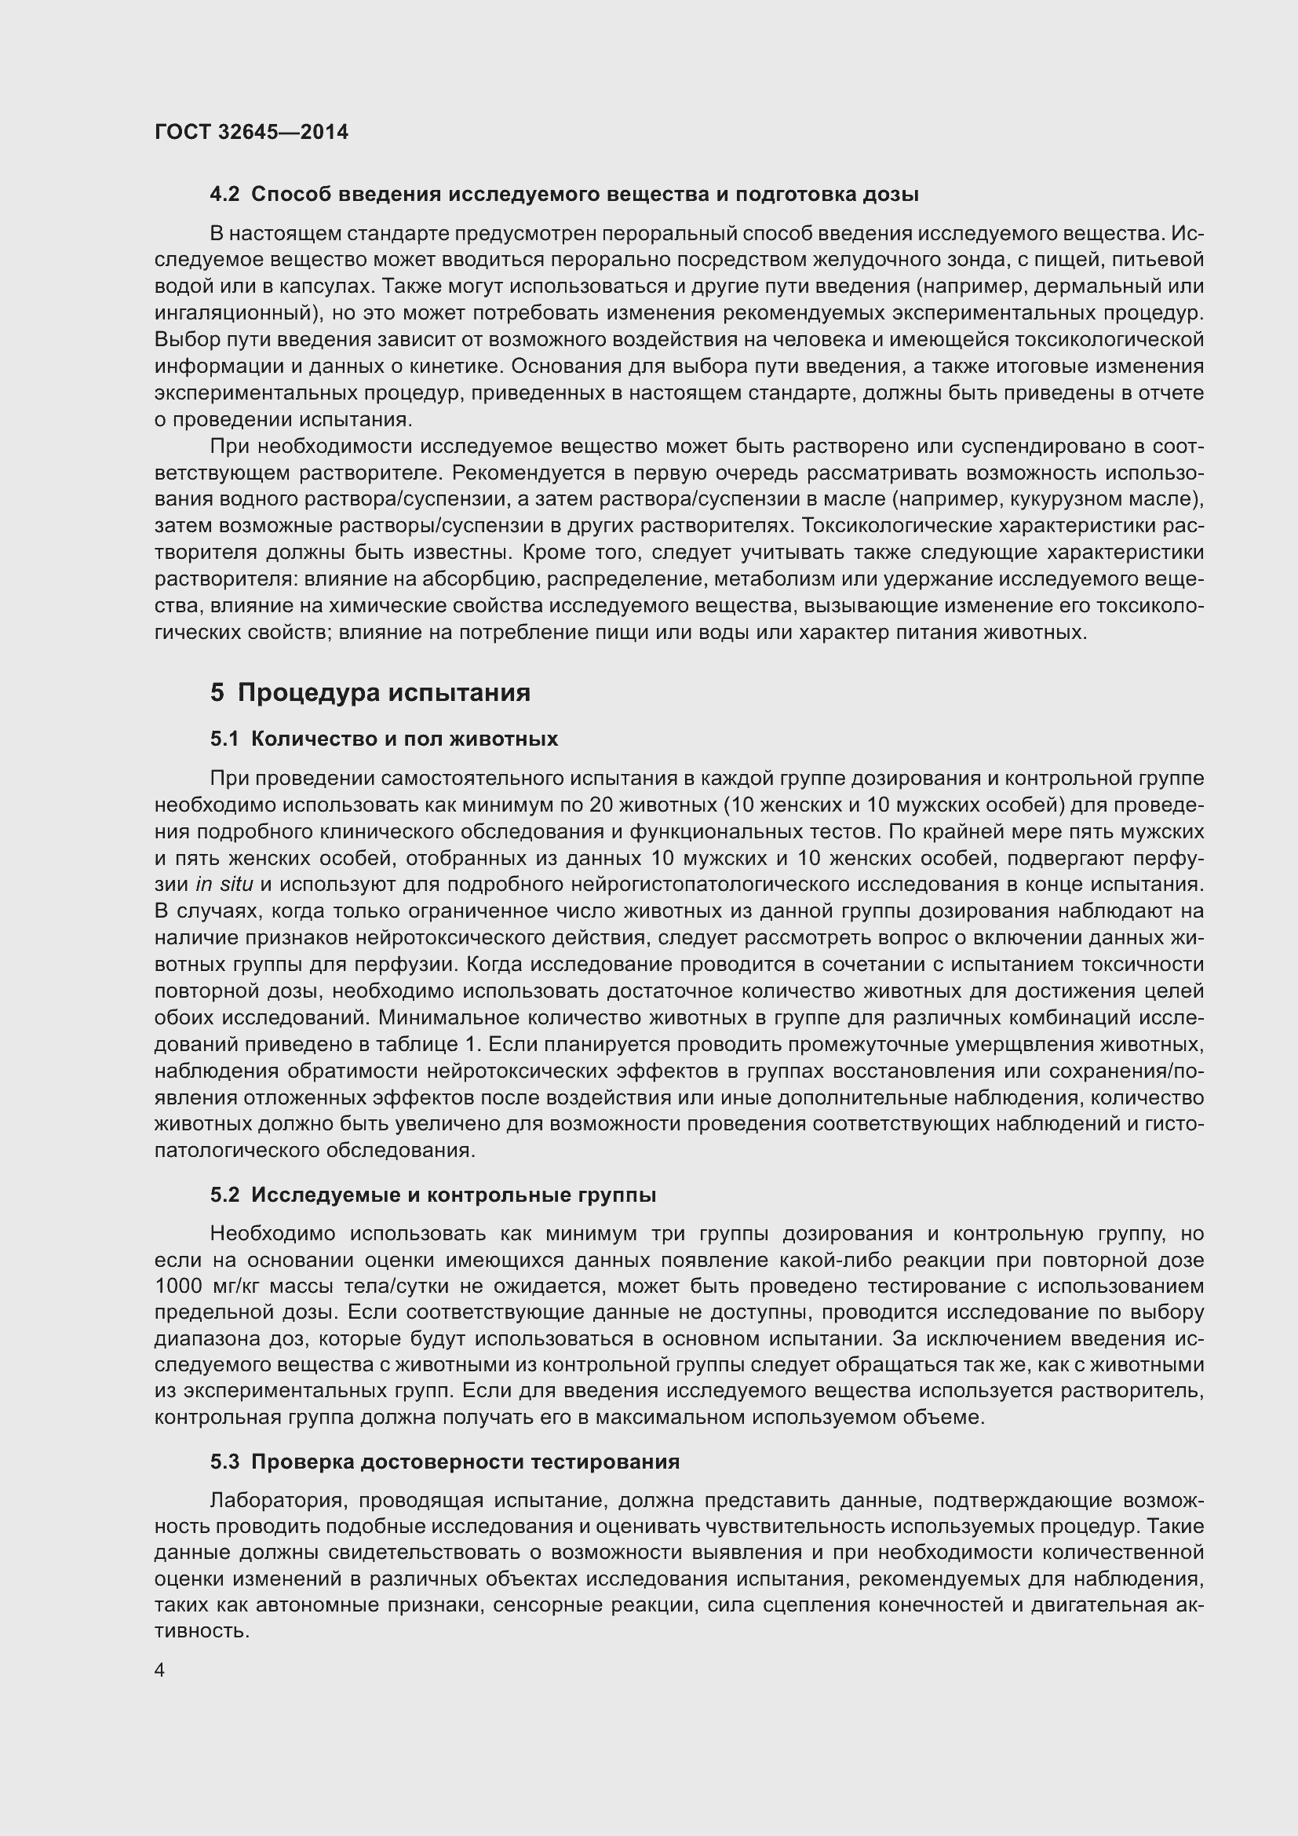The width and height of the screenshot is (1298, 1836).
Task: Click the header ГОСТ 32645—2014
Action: (x=251, y=132)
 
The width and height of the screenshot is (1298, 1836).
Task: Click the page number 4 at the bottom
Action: (x=160, y=1670)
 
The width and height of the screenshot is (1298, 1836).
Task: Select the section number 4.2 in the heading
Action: (x=224, y=195)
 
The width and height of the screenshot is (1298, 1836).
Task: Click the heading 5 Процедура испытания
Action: (x=370, y=692)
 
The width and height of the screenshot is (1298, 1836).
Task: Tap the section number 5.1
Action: (x=224, y=739)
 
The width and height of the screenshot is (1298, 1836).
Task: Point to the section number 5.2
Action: (x=224, y=1195)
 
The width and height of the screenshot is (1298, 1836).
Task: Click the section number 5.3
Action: (x=224, y=1462)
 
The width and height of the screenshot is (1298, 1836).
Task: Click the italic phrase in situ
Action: (x=224, y=885)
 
